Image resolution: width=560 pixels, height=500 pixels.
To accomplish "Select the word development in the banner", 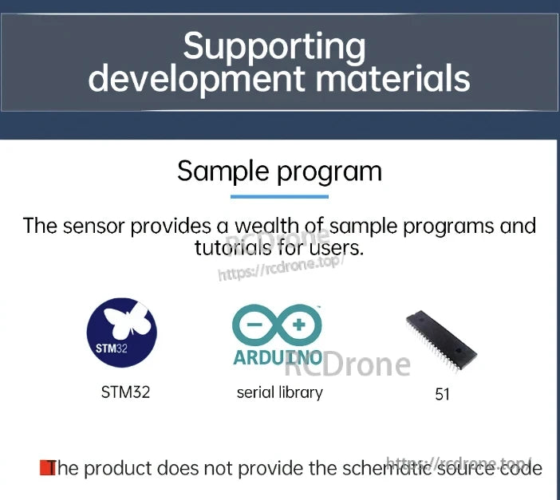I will pyautogui.click(x=196, y=78).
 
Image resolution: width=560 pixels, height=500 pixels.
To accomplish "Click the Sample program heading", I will pyautogui.click(x=279, y=171).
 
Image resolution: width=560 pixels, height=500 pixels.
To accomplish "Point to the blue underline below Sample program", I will pyautogui.click(x=279, y=195).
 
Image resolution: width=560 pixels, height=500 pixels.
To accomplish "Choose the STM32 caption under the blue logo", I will pyautogui.click(x=125, y=392).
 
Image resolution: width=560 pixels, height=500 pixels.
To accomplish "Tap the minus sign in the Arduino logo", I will pyautogui.click(x=257, y=325).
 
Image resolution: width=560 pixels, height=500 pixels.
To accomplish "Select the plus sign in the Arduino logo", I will pyautogui.click(x=299, y=325).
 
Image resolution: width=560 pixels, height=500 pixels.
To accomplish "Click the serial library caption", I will pyautogui.click(x=279, y=392).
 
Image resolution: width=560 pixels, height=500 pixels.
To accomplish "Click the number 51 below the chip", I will pyautogui.click(x=443, y=394).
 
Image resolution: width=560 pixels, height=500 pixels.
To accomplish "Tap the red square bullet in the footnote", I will pyautogui.click(x=45, y=467).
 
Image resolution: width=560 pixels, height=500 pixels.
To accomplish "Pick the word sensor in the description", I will pyautogui.click(x=94, y=226).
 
